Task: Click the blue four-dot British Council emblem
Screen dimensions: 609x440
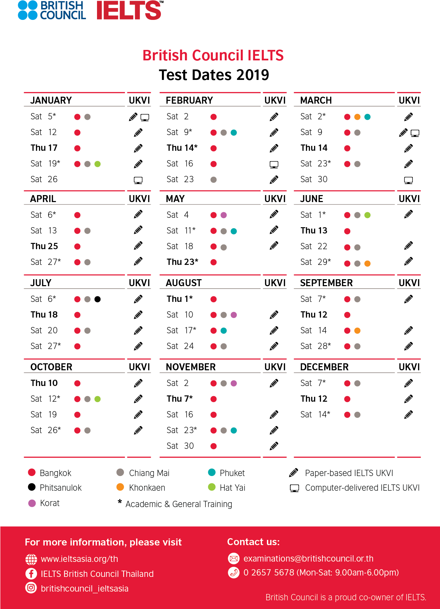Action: coord(28,10)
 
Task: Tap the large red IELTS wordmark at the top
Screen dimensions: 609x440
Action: coord(129,10)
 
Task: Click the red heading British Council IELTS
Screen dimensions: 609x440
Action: coord(213,55)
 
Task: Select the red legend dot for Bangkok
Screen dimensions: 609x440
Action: coord(32,472)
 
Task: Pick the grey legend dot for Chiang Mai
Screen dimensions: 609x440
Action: coord(120,472)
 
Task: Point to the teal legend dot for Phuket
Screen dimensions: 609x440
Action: coord(211,472)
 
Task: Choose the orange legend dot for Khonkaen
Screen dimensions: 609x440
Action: coord(120,487)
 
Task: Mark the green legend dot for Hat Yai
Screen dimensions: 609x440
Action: coord(211,487)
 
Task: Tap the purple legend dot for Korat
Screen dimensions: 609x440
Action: coord(32,503)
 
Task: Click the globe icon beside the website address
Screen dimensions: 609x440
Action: coord(31,559)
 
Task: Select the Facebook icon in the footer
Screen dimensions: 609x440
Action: coord(31,574)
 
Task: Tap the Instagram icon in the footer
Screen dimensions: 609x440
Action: coord(31,588)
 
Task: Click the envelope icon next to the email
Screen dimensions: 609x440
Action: coord(233,558)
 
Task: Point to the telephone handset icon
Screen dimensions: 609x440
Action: coord(233,573)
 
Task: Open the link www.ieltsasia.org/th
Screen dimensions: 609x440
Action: coord(79,559)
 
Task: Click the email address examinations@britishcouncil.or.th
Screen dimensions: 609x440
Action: coord(308,558)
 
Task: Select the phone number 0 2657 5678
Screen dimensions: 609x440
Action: coord(269,573)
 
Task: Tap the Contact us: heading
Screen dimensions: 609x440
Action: coord(253,542)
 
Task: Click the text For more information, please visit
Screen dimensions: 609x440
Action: coord(103,542)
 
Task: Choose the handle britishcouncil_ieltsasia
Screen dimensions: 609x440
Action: coord(84,588)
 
